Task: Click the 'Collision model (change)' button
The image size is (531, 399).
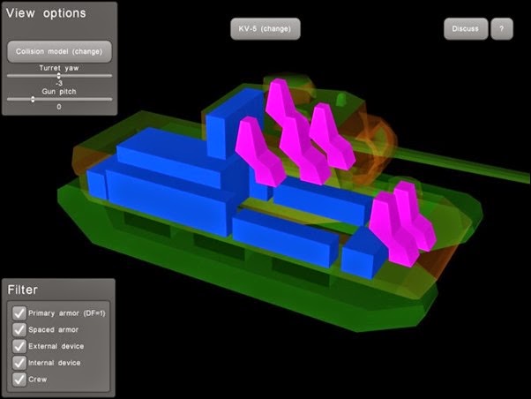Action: pyautogui.click(x=59, y=51)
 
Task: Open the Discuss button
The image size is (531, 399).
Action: pyautogui.click(x=466, y=29)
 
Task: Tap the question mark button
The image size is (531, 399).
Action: pyautogui.click(x=502, y=29)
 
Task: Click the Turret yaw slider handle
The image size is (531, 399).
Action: pyautogui.click(x=58, y=76)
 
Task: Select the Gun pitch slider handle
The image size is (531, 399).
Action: pyautogui.click(x=33, y=99)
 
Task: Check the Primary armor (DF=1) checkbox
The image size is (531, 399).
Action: pyautogui.click(x=19, y=312)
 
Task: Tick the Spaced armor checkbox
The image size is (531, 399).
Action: pyautogui.click(x=19, y=329)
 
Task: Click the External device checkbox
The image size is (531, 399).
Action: pyautogui.click(x=19, y=346)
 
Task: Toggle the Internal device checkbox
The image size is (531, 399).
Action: pyautogui.click(x=19, y=363)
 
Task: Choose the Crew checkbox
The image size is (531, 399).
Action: pyautogui.click(x=19, y=380)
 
